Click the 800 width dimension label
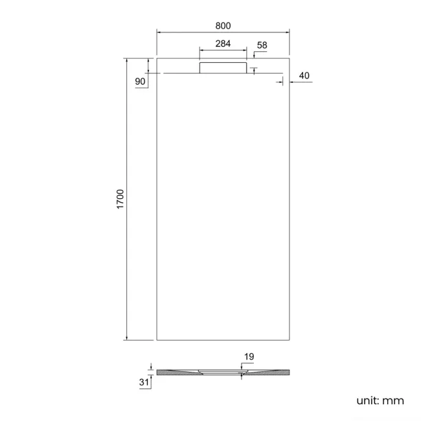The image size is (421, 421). pyautogui.click(x=222, y=25)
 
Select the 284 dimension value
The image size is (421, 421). pyautogui.click(x=222, y=44)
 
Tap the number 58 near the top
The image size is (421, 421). pyautogui.click(x=262, y=45)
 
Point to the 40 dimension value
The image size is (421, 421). pyautogui.click(x=304, y=76)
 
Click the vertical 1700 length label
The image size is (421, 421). pyautogui.click(x=120, y=199)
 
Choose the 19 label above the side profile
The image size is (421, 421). pyautogui.click(x=249, y=356)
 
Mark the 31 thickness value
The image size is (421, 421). pyautogui.click(x=144, y=383)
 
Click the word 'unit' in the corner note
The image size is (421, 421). pyautogui.click(x=367, y=401)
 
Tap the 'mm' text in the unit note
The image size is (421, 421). pyautogui.click(x=393, y=401)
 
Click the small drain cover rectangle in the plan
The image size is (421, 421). pyautogui.click(x=223, y=67)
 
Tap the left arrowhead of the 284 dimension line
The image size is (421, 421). pyautogui.click(x=201, y=50)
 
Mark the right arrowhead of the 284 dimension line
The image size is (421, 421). pyautogui.click(x=244, y=50)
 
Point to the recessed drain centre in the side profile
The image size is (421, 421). pyautogui.click(x=222, y=372)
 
